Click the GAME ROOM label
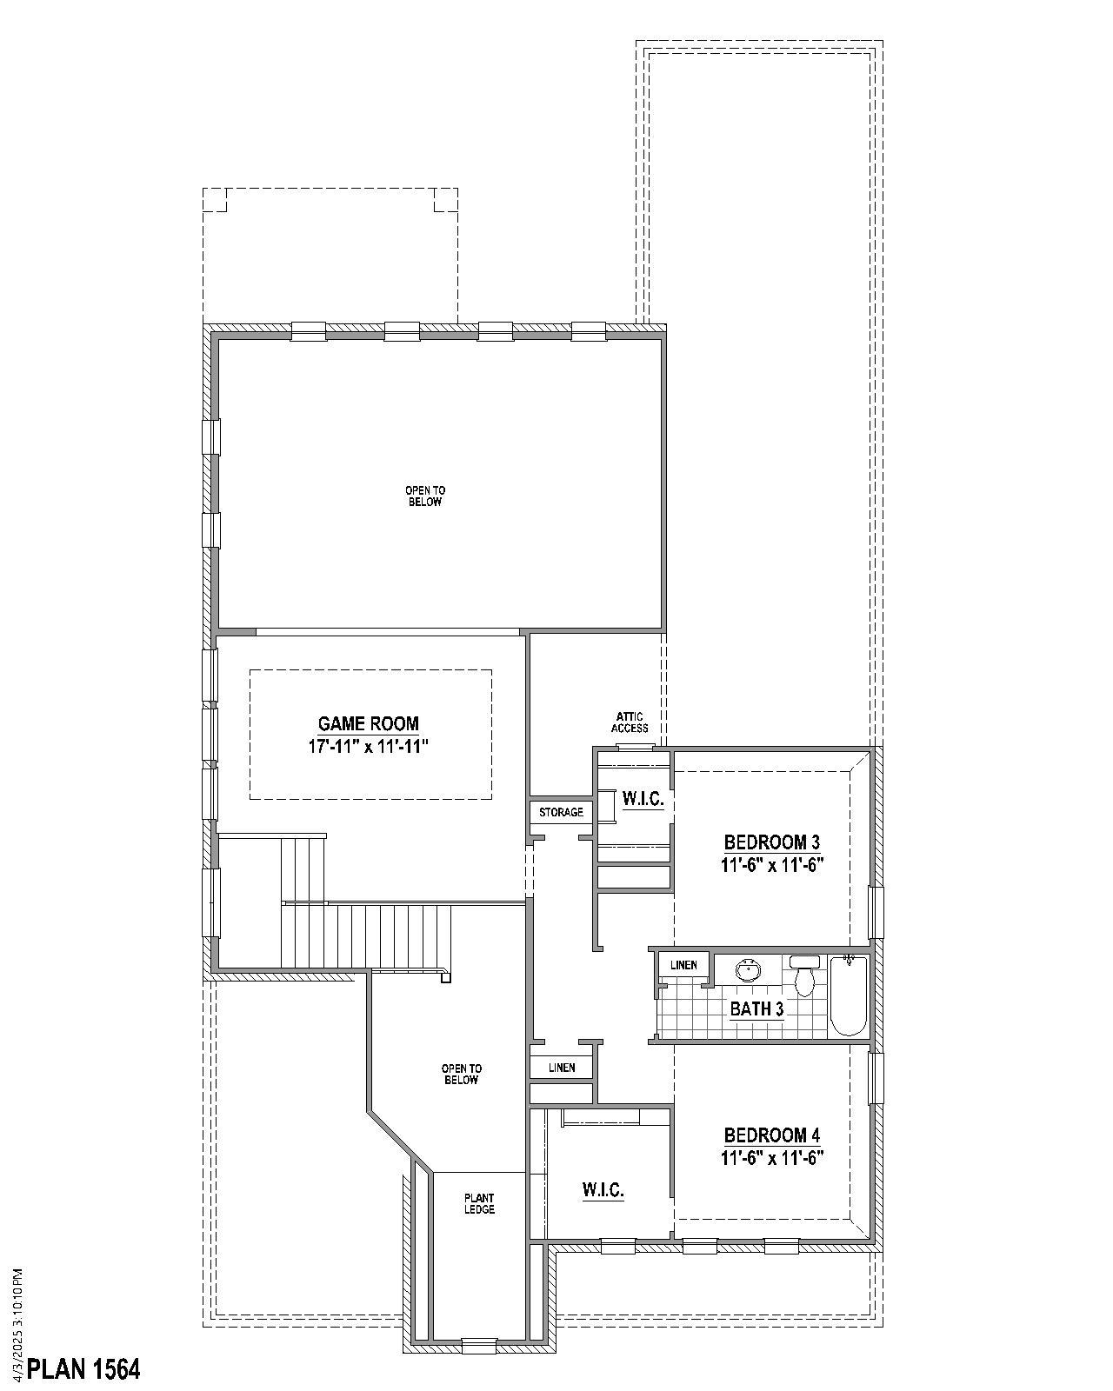(368, 723)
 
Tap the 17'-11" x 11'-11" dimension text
(368, 746)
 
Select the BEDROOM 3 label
(771, 842)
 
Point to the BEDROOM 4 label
(771, 1135)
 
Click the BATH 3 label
(756, 1009)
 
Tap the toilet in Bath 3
(804, 977)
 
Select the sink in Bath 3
(747, 970)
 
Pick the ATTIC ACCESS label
(630, 722)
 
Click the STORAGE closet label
(561, 812)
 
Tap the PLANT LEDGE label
(479, 1203)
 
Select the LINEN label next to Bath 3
(683, 965)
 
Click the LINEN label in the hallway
(562, 1068)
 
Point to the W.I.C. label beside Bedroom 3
(643, 799)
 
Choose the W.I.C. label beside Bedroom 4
(603, 1189)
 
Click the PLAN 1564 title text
(83, 1369)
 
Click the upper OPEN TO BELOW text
(425, 496)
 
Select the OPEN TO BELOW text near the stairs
(461, 1074)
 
